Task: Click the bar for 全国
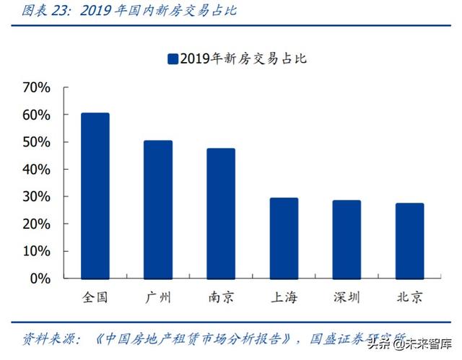click(x=95, y=196)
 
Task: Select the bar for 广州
click(x=157, y=210)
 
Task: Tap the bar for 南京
click(x=220, y=214)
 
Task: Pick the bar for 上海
click(x=284, y=239)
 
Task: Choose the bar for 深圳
click(x=346, y=240)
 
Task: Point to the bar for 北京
click(x=409, y=242)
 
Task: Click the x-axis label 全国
click(x=95, y=297)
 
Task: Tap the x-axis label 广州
click(x=157, y=297)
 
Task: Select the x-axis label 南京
click(x=220, y=297)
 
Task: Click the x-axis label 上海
click(x=284, y=297)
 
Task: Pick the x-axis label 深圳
click(x=346, y=297)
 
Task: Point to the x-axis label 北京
click(x=409, y=297)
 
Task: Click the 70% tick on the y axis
click(x=37, y=88)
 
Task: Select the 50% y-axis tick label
click(x=37, y=142)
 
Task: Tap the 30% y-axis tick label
click(x=37, y=197)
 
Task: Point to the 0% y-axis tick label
click(x=40, y=278)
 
